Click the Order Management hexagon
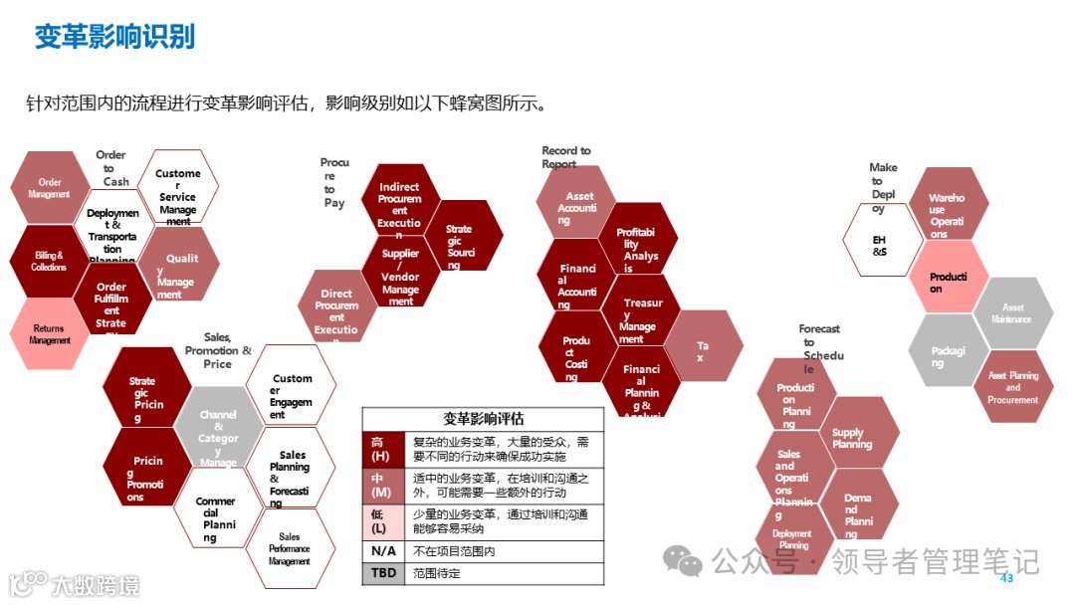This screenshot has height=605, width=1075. tap(49, 188)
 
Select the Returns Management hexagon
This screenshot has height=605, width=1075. tap(49, 334)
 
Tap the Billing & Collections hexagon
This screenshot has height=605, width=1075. tap(49, 261)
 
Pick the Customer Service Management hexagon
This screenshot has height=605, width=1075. tap(178, 193)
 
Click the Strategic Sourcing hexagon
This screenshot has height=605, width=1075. tap(460, 240)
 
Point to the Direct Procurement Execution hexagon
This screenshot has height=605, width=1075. tap(336, 307)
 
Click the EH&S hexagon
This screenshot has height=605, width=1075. tap(880, 245)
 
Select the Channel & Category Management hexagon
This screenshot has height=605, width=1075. tap(218, 433)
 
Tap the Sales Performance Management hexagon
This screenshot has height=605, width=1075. tap(289, 548)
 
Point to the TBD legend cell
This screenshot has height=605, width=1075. tap(382, 574)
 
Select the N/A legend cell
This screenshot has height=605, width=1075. tap(382, 551)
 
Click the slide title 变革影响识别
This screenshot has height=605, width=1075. tap(114, 37)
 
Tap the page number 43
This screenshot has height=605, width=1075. tap(1005, 578)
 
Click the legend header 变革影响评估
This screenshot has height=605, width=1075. tap(483, 419)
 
